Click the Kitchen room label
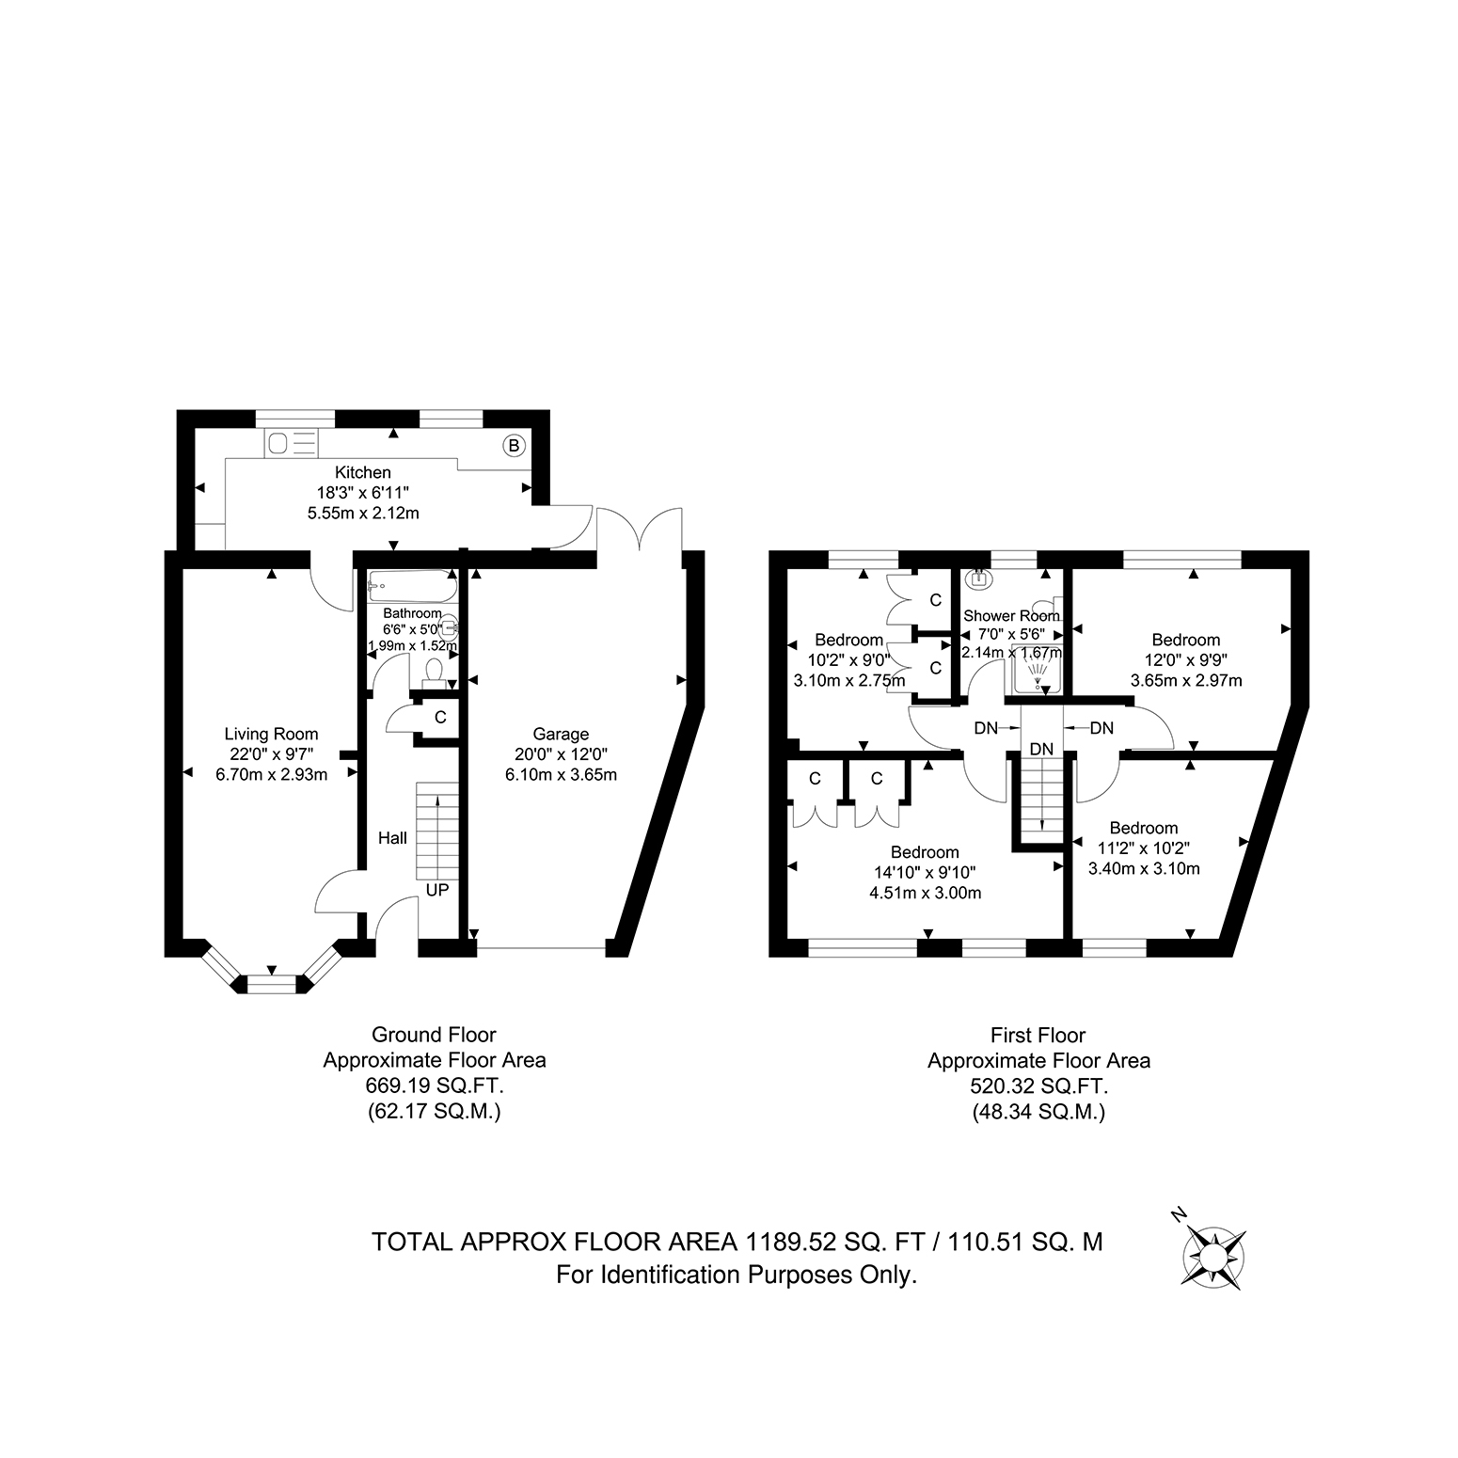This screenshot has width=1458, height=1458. pos(363,472)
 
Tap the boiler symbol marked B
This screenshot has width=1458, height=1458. pos(514,446)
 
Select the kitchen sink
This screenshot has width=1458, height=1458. pos(292,441)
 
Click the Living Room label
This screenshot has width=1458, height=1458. pos(271,734)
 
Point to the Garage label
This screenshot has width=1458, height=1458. pos(561,734)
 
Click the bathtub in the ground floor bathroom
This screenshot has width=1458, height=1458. pos(412,585)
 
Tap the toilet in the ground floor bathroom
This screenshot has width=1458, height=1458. pos(434,674)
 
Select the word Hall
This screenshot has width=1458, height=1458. pos(393,837)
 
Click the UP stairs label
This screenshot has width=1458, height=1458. pos(437,889)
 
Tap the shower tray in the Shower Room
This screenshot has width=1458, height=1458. pos(1038,674)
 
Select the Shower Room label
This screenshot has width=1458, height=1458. pos(1011,616)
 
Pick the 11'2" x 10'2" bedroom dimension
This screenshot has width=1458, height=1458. pos(1144,848)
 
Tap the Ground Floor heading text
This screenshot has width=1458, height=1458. pos(434,1036)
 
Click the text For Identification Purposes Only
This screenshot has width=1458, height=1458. pos(737,1276)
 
